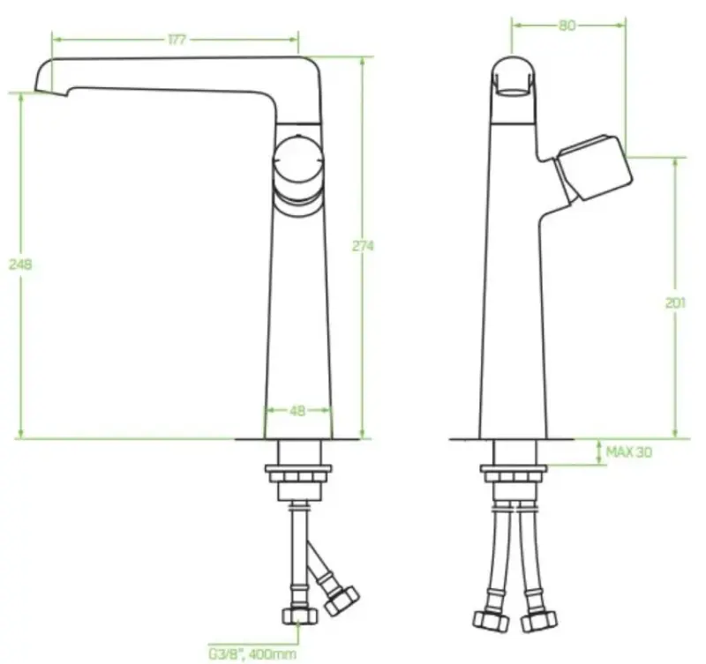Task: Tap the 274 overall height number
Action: tap(364, 246)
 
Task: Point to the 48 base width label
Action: tap(298, 410)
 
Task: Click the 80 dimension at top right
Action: tap(567, 26)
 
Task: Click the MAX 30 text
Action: tap(629, 452)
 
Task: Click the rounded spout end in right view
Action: tap(512, 74)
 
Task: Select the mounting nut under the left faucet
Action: tap(299, 476)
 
